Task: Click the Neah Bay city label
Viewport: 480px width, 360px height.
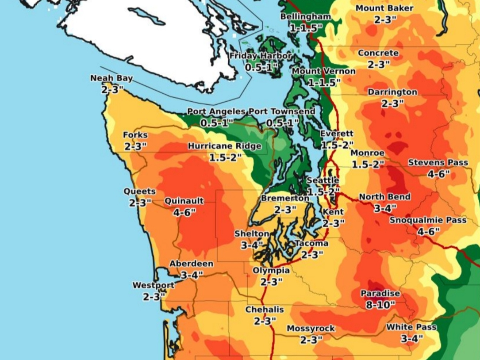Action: coord(111,78)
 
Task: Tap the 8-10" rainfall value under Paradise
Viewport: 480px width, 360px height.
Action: coord(380,305)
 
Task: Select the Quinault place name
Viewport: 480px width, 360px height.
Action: coord(184,201)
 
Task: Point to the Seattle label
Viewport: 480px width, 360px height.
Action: coord(323,180)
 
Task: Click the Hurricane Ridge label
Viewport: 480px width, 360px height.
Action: coord(224,146)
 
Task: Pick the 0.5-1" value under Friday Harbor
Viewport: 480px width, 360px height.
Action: coord(261,67)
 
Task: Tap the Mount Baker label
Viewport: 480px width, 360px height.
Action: coord(384,8)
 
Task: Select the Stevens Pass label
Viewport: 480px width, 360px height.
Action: coord(438,163)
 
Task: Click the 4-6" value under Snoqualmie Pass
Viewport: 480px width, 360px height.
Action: coord(428,232)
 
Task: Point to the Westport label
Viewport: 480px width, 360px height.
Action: coord(154,285)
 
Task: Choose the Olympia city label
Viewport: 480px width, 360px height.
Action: coord(271,270)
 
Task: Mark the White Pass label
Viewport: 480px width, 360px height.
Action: coord(411,327)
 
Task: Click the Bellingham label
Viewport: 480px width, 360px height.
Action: coord(305,17)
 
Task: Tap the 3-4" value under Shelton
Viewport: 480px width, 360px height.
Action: coord(252,244)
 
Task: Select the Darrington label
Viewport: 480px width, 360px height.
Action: coord(392,92)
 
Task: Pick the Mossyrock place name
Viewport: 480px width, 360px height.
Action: coord(311,329)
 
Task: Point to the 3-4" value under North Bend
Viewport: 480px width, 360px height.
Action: coord(385,208)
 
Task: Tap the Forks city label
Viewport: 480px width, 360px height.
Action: coord(135,135)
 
